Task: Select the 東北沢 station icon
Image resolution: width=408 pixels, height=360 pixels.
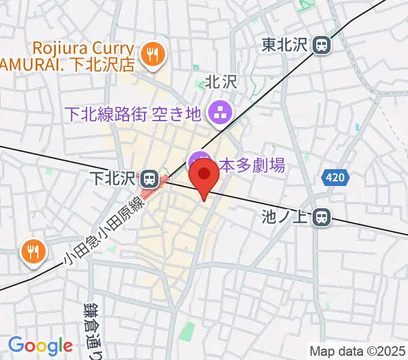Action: click(x=323, y=44)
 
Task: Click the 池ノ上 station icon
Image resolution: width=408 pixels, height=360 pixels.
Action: click(x=323, y=217)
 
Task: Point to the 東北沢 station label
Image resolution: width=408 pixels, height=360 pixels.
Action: click(x=287, y=44)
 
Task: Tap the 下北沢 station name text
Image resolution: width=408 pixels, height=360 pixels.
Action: click(x=113, y=178)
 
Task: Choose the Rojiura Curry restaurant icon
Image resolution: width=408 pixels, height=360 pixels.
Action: click(x=149, y=55)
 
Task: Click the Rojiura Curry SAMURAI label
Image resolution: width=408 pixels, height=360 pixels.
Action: click(x=72, y=55)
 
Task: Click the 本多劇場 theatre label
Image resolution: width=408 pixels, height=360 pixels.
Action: click(x=251, y=165)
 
